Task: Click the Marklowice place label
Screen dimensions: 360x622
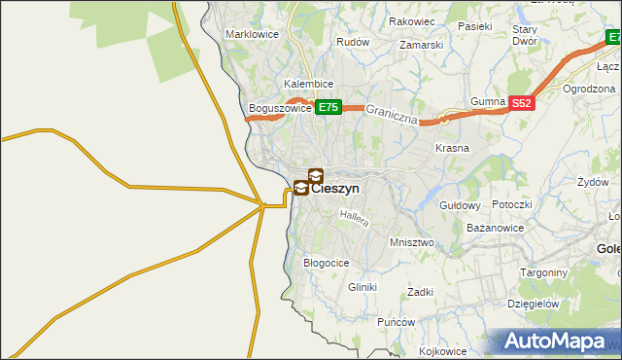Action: pos(252,34)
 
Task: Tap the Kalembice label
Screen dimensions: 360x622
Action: pos(309,85)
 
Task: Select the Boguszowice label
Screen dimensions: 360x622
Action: pos(280,108)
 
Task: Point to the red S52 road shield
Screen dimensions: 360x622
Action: pos(522,102)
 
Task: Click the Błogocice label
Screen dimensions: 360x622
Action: pos(327,263)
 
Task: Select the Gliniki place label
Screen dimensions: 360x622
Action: pos(362,287)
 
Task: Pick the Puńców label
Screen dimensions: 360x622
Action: pos(397,322)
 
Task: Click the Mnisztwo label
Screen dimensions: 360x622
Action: pos(410,242)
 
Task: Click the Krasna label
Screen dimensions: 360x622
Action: pos(452,148)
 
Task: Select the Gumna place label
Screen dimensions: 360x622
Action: pos(487,102)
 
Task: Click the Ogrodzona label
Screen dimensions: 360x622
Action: pos(590,89)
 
